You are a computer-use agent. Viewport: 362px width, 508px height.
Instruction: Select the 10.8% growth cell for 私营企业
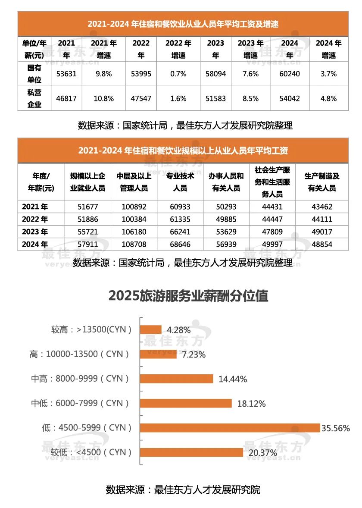pos(103,98)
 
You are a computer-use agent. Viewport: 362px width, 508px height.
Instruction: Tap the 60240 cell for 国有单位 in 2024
pos(290,74)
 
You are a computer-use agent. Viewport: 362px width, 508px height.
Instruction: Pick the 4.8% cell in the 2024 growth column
pos(328,98)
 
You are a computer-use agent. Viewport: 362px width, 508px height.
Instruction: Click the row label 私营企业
pos(34,98)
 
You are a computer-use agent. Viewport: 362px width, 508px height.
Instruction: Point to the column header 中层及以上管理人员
pos(134,182)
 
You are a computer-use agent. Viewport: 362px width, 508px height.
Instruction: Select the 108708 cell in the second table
pos(134,245)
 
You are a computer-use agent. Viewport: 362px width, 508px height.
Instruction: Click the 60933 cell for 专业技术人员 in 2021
pos(180,207)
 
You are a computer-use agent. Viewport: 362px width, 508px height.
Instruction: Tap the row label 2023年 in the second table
pos(38,232)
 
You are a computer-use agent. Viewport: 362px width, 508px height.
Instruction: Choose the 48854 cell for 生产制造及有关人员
pos(321,245)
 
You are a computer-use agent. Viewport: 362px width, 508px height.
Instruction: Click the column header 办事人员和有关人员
pos(226,182)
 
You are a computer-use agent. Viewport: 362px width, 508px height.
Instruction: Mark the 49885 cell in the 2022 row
pos(226,220)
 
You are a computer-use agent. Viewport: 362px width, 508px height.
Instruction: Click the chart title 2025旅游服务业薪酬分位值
pos(188,296)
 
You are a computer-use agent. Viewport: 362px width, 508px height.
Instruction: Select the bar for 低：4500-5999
pos(230,428)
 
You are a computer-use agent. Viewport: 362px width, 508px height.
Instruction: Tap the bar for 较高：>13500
pos(151,330)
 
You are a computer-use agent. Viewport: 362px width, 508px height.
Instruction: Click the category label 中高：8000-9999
pos(81,379)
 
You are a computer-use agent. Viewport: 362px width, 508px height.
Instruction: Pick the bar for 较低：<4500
pos(192,452)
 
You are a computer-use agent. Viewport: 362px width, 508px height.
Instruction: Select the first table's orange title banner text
pos(183,24)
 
